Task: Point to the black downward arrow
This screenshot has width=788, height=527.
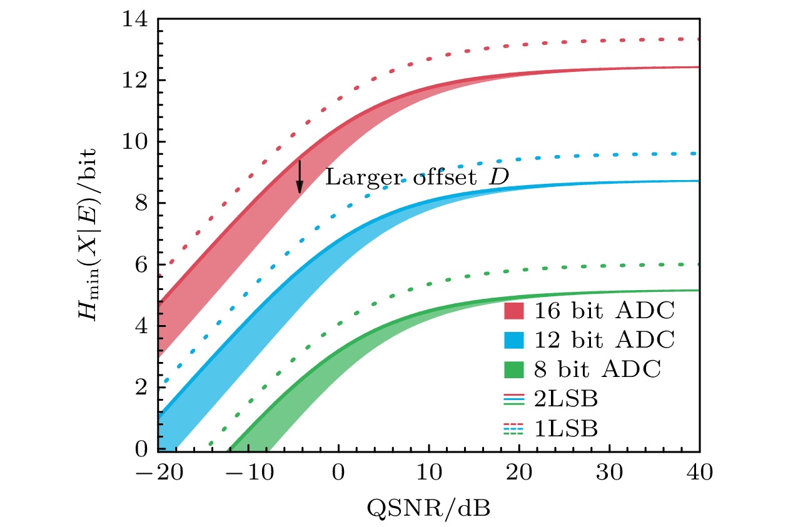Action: click(x=300, y=176)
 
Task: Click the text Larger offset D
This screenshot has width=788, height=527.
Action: click(x=417, y=178)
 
